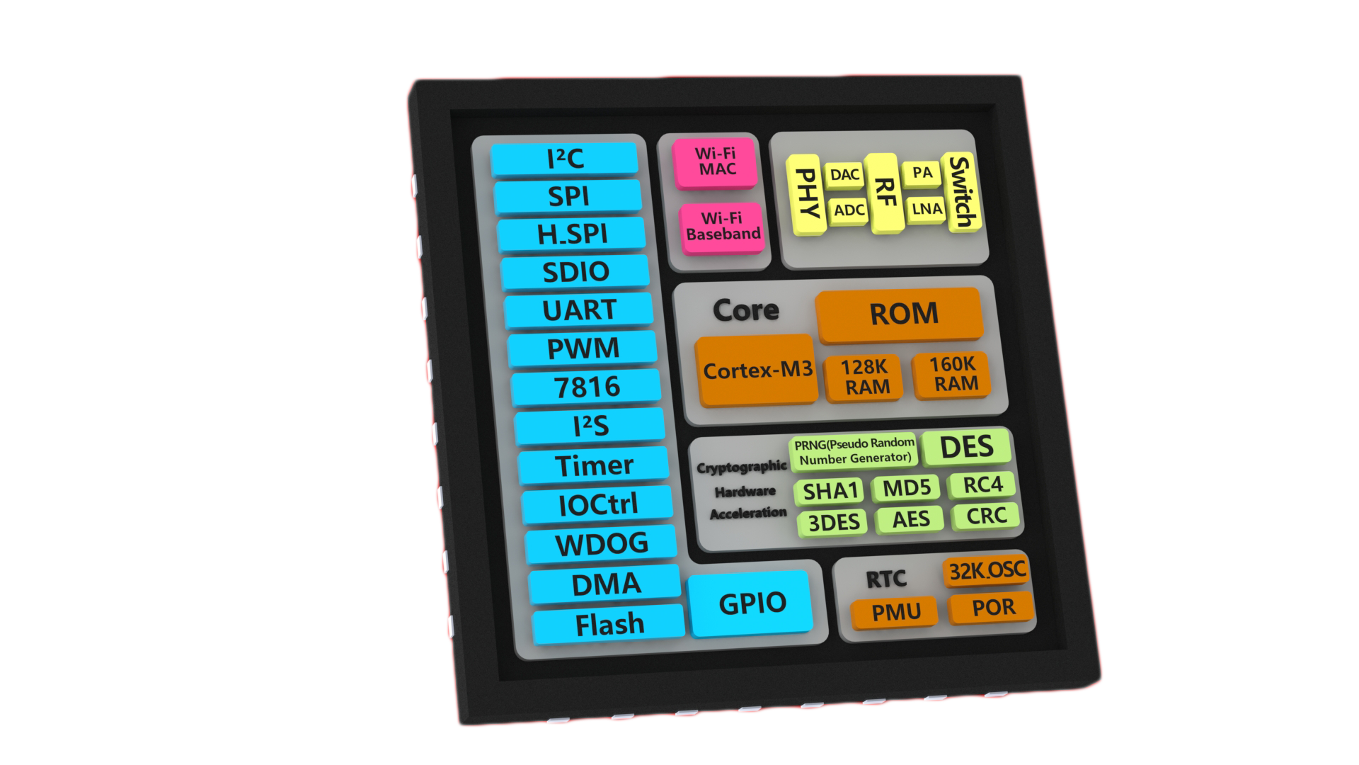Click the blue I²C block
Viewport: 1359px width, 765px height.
click(565, 159)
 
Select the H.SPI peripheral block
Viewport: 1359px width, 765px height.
click(572, 234)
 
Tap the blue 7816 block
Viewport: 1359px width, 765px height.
click(586, 387)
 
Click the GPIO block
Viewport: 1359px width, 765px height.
click(752, 603)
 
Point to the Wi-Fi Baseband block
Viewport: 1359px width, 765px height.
click(723, 227)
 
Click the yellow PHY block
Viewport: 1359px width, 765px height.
click(807, 195)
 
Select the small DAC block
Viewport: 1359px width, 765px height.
click(845, 175)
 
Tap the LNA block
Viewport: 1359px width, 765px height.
click(926, 208)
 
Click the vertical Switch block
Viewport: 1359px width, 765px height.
click(961, 191)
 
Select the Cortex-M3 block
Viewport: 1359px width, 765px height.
click(756, 370)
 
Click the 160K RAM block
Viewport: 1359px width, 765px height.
click(952, 374)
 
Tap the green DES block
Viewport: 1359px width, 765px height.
click(966, 447)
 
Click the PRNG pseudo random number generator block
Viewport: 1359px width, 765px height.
click(854, 450)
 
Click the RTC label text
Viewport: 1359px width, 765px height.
click(886, 579)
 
